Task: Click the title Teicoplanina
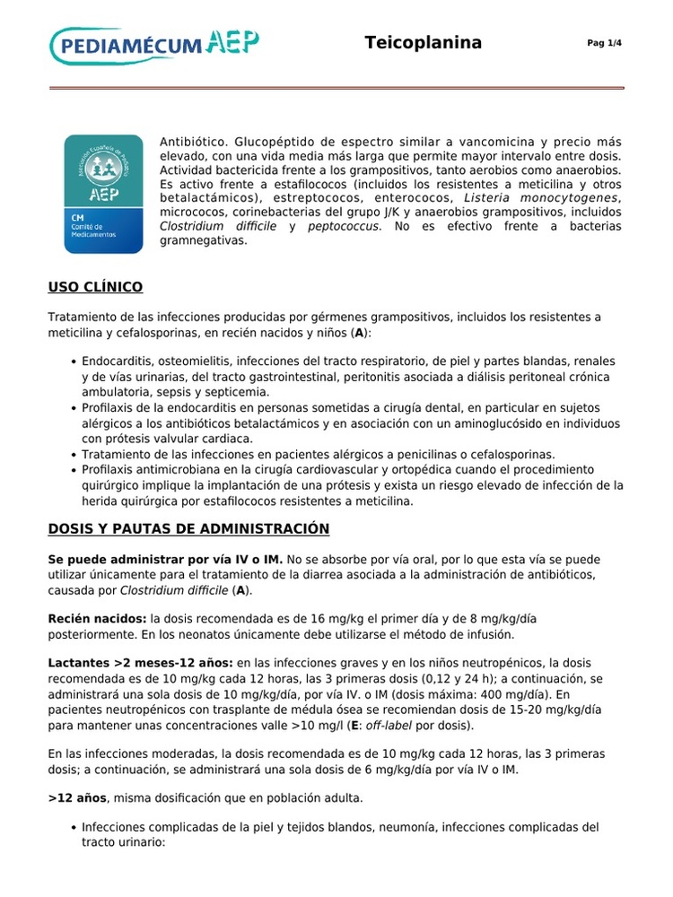pyautogui.click(x=424, y=43)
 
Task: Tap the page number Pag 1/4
pyautogui.click(x=604, y=43)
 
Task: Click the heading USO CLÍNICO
pyautogui.click(x=95, y=287)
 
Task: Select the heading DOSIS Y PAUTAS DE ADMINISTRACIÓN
pyautogui.click(x=188, y=528)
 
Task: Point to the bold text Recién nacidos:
pyautogui.click(x=97, y=619)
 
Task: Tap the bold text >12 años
pyautogui.click(x=77, y=797)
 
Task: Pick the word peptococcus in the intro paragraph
pyautogui.click(x=344, y=226)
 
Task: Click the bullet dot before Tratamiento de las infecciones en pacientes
pyautogui.click(x=72, y=455)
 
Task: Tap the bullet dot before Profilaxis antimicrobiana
pyautogui.click(x=72, y=469)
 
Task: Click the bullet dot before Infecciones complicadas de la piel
pyautogui.click(x=72, y=827)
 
